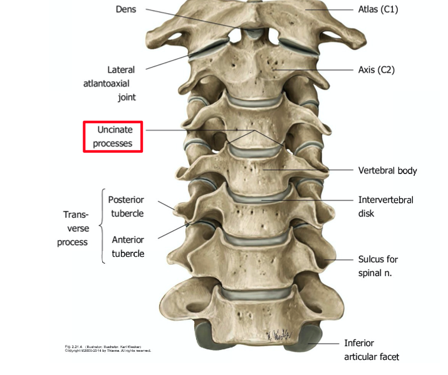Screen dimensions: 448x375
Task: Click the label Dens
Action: pyautogui.click(x=125, y=9)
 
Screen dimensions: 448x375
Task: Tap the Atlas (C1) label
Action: pyautogui.click(x=378, y=9)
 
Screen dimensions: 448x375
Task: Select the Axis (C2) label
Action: pyautogui.click(x=376, y=69)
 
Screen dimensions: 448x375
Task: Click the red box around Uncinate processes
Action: pyautogui.click(x=113, y=136)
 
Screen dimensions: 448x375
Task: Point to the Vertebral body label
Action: pyautogui.click(x=387, y=170)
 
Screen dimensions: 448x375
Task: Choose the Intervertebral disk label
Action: pyautogui.click(x=385, y=207)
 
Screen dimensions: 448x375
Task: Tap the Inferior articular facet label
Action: pyautogui.click(x=371, y=350)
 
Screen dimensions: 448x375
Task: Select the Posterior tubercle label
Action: pyautogui.click(x=126, y=207)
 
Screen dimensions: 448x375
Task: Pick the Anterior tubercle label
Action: pyautogui.click(x=128, y=247)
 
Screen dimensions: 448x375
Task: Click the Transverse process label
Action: pyautogui.click(x=72, y=227)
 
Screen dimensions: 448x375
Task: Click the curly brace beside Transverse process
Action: pyautogui.click(x=102, y=227)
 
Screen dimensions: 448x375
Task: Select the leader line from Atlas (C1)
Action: pyautogui.click(x=332, y=10)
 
